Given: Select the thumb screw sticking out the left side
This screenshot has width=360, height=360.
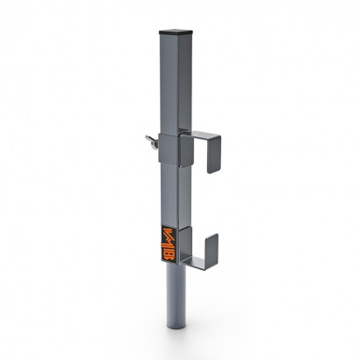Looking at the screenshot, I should click(151, 142).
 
